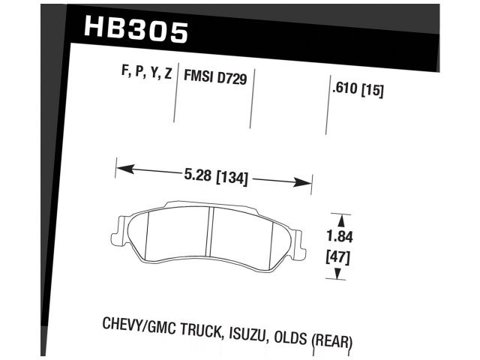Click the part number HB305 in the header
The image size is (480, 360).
[x=136, y=31]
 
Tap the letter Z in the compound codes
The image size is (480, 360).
[x=168, y=73]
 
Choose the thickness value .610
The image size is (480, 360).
[x=344, y=91]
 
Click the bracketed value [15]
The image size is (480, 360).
[x=372, y=91]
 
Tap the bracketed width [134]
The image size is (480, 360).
[x=231, y=178]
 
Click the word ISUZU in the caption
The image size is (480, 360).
[x=250, y=334]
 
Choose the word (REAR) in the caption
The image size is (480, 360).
[x=331, y=340]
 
